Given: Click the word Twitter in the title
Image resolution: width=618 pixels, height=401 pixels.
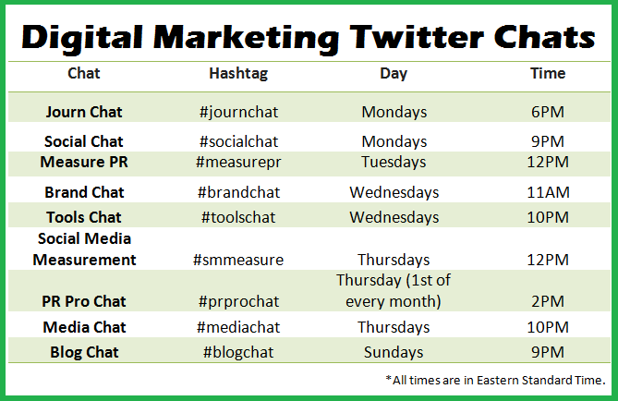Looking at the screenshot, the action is [x=417, y=38].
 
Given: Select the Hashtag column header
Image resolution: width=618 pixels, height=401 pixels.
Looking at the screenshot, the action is [x=238, y=74].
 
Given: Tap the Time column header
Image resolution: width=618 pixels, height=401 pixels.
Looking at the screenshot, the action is [x=548, y=73].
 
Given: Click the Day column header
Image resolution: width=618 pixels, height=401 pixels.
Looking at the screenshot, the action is [x=394, y=74].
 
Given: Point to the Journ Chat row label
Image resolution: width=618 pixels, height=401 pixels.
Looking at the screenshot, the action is [x=84, y=112].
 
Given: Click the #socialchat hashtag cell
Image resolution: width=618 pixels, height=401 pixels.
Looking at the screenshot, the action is [x=239, y=141].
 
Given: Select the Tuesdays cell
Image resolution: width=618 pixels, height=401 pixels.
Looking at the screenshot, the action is [x=394, y=163].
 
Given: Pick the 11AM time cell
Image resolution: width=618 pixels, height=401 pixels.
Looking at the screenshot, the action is [x=548, y=192].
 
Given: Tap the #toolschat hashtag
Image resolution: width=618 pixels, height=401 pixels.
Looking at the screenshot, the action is [x=238, y=217].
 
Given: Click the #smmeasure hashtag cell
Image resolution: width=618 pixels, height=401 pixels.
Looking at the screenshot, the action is [x=238, y=260].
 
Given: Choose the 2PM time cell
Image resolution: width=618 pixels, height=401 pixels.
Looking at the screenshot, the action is [x=548, y=301].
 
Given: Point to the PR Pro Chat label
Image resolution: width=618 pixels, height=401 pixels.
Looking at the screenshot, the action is [x=84, y=301].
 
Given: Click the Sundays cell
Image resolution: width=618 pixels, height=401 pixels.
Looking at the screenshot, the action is [x=394, y=353].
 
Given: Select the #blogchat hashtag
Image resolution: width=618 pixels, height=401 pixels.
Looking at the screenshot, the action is [x=238, y=353].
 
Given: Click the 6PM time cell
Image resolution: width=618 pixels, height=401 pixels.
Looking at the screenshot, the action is [x=548, y=112].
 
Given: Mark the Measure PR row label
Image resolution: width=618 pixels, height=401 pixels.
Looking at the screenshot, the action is [x=84, y=162].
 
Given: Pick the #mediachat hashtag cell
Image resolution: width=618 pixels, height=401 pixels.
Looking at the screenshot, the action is [x=238, y=327].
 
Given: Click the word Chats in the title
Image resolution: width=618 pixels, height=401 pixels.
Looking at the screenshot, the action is [x=545, y=38].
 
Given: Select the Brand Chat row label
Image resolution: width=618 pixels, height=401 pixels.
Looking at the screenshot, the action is [x=84, y=192].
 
